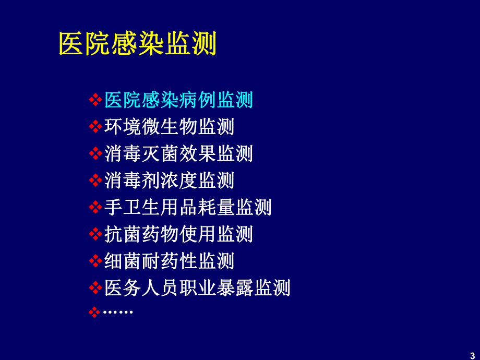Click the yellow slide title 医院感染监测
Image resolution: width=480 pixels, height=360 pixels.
[137, 44]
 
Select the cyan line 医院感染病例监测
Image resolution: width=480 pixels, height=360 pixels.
[178, 99]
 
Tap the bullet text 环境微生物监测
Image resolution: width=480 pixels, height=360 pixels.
[169, 126]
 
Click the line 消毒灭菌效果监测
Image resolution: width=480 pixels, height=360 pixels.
[178, 153]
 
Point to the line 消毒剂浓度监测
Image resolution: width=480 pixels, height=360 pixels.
[169, 181]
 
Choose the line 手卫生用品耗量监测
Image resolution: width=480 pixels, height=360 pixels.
[188, 207]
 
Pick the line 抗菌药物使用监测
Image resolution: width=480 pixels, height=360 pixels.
[178, 234]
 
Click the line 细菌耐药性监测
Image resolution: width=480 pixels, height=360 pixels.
[169, 261]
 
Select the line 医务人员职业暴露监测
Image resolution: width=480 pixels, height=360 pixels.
[197, 288]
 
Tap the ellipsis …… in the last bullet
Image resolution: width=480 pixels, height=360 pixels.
[118, 312]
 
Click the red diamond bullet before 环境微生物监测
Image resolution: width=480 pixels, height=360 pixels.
[95, 126]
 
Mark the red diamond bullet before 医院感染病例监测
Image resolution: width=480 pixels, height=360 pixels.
[95, 99]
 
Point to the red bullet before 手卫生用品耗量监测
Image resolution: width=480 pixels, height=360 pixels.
[95, 208]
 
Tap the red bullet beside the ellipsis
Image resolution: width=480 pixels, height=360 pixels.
[95, 312]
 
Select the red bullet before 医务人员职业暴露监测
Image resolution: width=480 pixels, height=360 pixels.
[95, 288]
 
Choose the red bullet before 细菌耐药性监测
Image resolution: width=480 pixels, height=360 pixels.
[95, 261]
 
